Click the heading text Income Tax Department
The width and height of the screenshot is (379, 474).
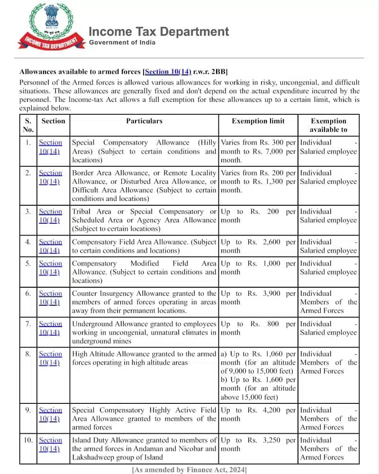point(159,32)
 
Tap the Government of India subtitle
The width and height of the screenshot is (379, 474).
point(122,43)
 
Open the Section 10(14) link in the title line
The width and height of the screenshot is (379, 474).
point(168,72)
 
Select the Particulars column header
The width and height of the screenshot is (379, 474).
point(144,121)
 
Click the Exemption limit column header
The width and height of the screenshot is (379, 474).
point(258,121)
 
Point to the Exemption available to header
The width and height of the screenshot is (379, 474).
point(328,125)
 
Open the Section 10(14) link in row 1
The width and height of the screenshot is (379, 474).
point(50,146)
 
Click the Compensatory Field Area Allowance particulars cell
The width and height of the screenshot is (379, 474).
point(144,246)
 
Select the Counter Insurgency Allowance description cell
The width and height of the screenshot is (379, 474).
point(144,302)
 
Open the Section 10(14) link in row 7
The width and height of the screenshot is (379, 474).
point(50,328)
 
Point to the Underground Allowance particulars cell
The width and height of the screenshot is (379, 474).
point(144,332)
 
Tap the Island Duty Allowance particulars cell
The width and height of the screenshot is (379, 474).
point(144,448)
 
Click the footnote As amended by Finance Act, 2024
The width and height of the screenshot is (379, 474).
point(189,469)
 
